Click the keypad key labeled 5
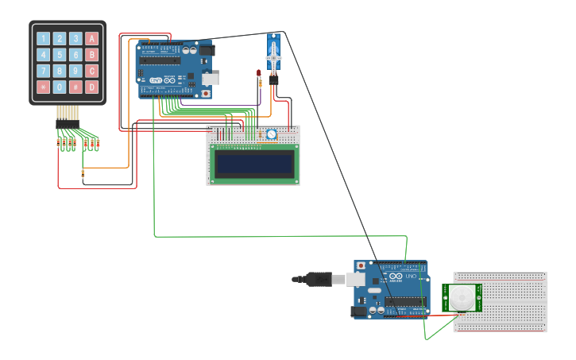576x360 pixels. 60,55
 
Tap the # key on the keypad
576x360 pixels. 75,87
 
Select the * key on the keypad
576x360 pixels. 44,87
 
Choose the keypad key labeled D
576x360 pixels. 91,87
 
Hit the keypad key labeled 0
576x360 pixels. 60,87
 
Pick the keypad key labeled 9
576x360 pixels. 75,71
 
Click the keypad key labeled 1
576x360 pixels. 44,38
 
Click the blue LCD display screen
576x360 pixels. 254,164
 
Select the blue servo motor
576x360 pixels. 274,56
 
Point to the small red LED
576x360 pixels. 259,74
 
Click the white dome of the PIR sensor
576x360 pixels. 462,299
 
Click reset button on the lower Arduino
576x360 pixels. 361,265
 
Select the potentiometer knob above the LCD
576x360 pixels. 271,134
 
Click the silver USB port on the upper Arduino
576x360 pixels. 211,79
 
